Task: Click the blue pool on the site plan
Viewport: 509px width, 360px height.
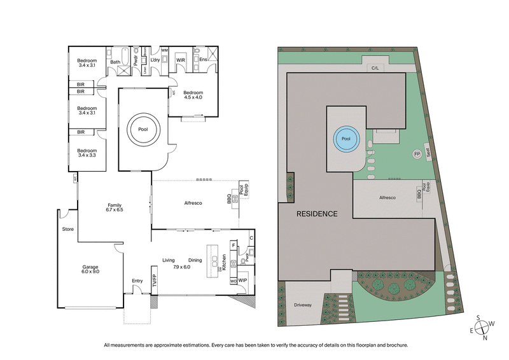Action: click(346, 138)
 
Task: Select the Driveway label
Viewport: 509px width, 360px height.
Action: click(303, 305)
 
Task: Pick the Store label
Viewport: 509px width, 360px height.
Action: click(68, 229)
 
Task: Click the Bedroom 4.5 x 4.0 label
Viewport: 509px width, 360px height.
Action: click(192, 95)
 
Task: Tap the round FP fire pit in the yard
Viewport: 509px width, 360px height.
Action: click(417, 154)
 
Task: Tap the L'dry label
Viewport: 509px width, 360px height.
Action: click(155, 60)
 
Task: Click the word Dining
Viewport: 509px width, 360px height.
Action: click(195, 260)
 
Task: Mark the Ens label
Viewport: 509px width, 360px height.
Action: click(203, 60)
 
